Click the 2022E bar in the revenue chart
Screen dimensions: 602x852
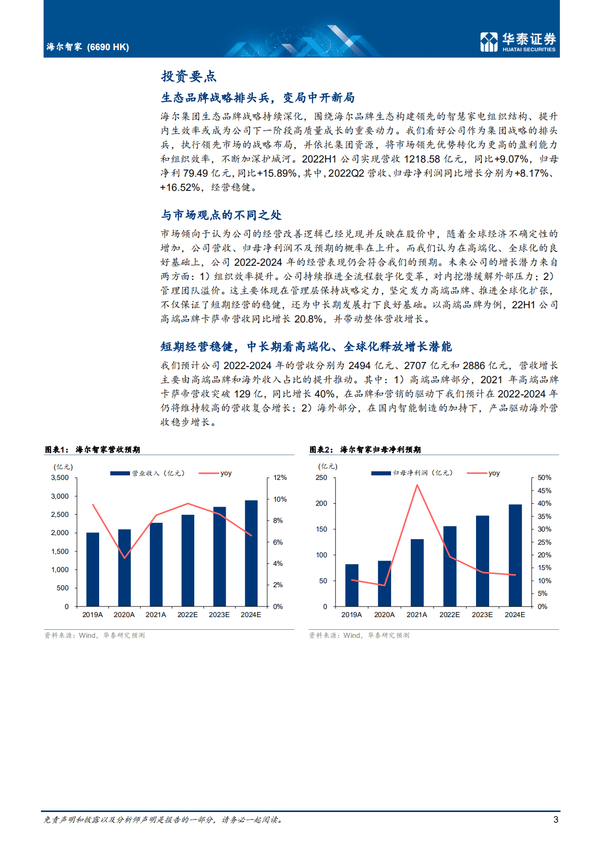point(188,560)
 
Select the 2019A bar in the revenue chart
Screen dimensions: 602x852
point(93,569)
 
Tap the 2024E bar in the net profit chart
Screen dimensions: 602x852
point(515,555)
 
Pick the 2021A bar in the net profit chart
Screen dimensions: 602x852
point(417,573)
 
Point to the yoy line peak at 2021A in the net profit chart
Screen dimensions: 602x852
point(417,485)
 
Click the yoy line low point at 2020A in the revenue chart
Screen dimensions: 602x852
point(124,558)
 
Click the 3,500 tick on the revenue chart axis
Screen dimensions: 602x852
point(60,477)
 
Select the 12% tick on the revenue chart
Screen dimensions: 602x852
point(280,477)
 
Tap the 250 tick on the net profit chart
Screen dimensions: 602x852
point(321,477)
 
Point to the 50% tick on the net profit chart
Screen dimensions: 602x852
point(544,477)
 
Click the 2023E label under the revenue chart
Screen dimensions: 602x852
point(219,615)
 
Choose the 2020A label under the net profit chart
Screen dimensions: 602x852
point(384,615)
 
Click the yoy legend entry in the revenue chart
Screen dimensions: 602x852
point(226,473)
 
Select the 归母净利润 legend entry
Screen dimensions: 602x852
point(422,473)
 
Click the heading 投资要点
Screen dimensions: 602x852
point(189,76)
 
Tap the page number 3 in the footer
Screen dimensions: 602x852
point(556,820)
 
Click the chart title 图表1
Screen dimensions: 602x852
point(56,450)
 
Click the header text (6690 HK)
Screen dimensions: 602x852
point(108,47)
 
